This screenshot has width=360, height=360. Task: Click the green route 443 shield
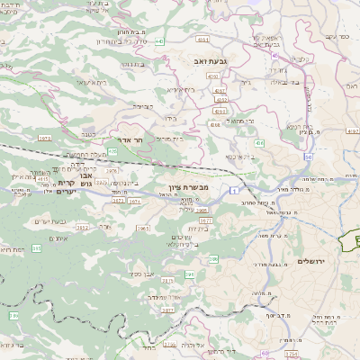point(159,41)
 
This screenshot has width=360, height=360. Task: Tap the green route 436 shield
point(259,142)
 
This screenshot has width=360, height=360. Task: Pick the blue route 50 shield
point(307,157)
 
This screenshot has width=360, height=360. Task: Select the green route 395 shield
point(213,259)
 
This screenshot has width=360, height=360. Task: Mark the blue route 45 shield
point(274,55)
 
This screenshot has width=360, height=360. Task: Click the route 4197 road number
point(351,130)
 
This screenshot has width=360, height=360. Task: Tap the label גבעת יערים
point(51,220)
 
